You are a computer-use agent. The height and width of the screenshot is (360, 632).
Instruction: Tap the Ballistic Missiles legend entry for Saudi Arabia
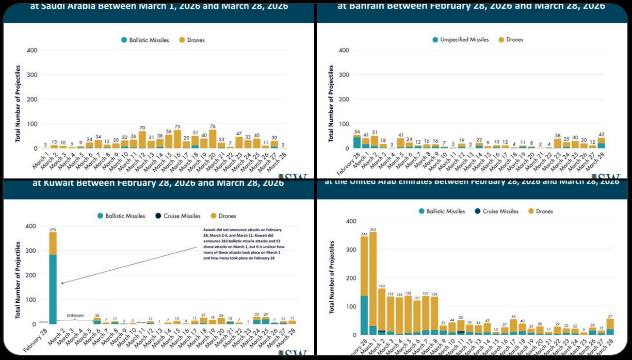144,40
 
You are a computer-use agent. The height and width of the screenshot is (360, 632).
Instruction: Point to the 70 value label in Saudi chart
142,127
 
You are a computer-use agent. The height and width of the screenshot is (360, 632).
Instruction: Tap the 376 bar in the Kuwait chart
53,278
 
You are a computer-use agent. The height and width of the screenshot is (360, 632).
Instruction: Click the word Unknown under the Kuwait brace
75,315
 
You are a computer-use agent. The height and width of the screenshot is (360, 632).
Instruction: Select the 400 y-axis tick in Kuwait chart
31,226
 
